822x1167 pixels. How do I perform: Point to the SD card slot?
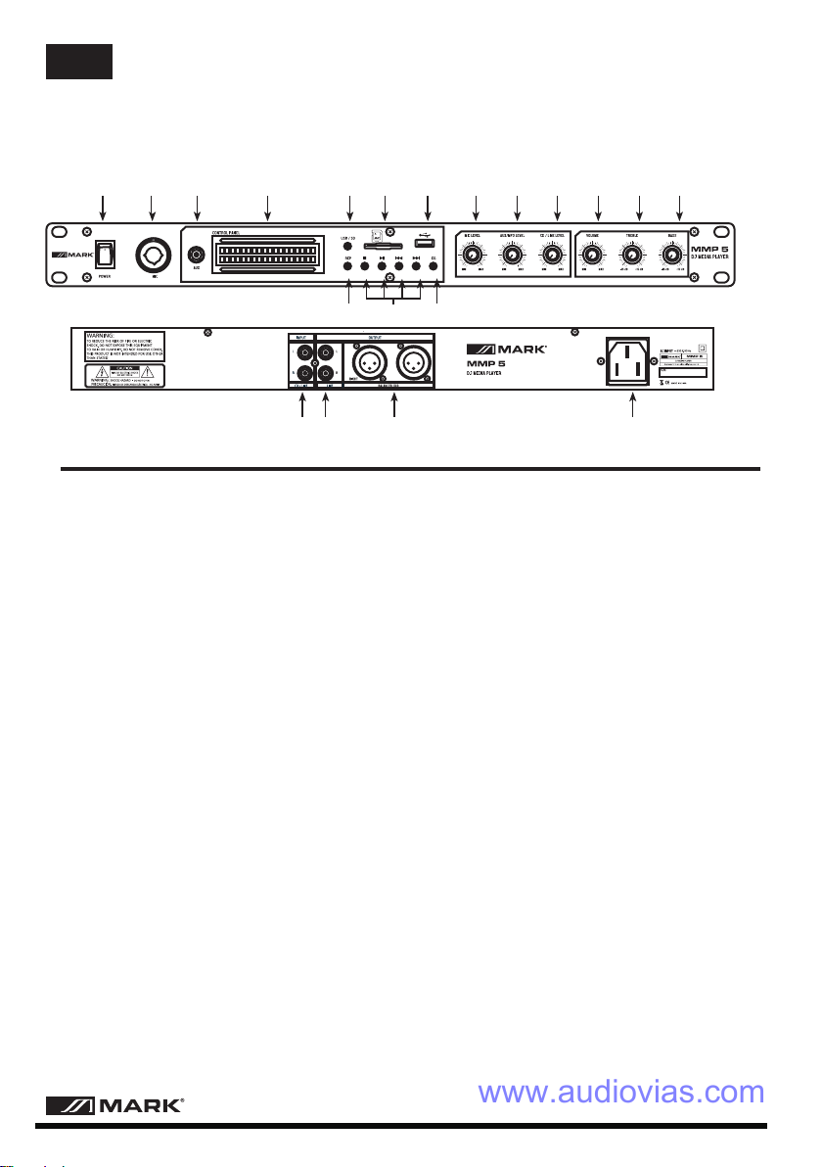click(385, 245)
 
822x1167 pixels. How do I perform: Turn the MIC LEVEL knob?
click(476, 256)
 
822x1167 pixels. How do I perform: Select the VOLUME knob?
click(591, 256)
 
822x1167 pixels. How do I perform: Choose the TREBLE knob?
click(632, 256)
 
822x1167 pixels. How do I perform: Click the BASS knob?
click(672, 256)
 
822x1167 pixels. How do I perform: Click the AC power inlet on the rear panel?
click(632, 363)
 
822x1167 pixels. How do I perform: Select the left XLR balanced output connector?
click(361, 363)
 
